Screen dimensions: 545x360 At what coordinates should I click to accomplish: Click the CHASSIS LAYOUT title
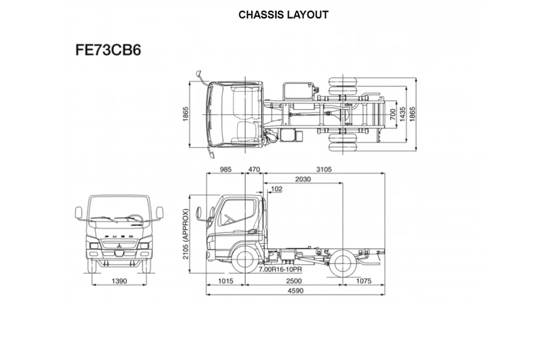(283, 15)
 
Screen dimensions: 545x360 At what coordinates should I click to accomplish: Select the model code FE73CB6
(108, 50)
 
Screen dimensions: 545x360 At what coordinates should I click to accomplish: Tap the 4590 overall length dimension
(296, 291)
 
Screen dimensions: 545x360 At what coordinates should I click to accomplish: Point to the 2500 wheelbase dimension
(294, 281)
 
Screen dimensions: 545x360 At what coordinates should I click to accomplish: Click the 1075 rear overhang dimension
(364, 281)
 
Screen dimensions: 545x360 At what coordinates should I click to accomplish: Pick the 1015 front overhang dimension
(226, 281)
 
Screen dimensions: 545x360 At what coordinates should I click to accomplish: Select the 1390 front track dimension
(119, 281)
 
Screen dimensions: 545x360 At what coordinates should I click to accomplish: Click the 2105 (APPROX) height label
(186, 234)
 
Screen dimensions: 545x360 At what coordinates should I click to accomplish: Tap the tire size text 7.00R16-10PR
(280, 270)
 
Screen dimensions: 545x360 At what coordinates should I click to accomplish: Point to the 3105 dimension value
(324, 169)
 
